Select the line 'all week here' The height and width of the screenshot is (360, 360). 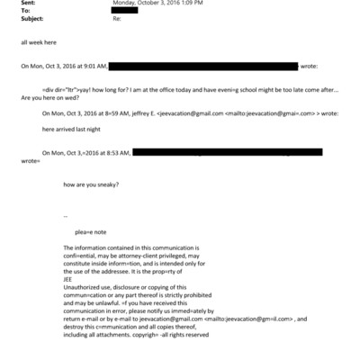pyautogui.click(x=40, y=41)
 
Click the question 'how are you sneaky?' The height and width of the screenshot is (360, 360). pyautogui.click(x=92, y=184)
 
